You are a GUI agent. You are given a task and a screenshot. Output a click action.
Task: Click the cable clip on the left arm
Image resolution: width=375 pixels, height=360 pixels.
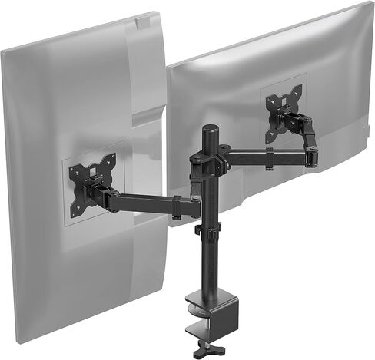click(x=176, y=206)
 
